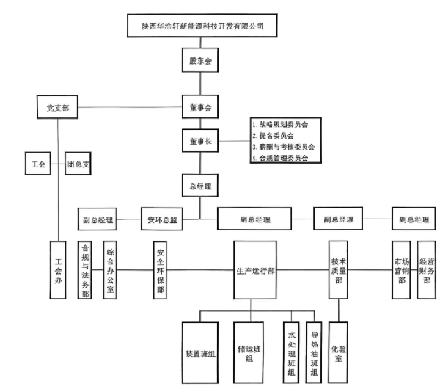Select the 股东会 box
(199, 60)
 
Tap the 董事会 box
(199, 108)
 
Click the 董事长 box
(199, 140)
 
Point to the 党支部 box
(58, 108)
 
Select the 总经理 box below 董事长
(199, 187)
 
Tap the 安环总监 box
(161, 219)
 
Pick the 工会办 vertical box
(58, 270)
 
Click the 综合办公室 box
(110, 269)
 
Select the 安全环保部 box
(161, 270)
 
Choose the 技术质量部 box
(337, 269)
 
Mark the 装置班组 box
(199, 352)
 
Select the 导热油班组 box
(315, 352)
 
